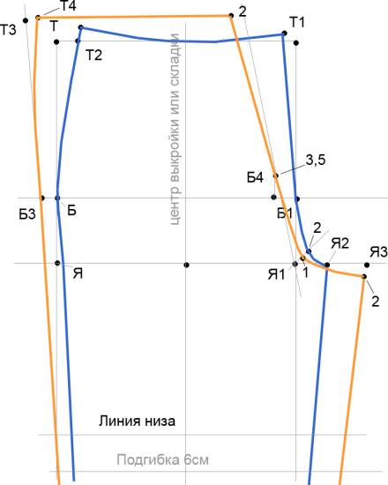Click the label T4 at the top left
point(68,6)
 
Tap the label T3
point(8,30)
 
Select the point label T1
point(297,22)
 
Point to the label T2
point(93,55)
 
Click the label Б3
point(27,214)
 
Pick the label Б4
point(255,177)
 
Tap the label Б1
point(285,213)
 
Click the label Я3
point(378,252)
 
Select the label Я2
point(339,243)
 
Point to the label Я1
point(276,274)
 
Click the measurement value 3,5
point(316,160)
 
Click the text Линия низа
point(137,421)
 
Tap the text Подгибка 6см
point(163,460)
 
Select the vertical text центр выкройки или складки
point(175,129)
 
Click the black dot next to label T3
point(26,20)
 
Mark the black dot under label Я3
point(367,265)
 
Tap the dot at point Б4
point(276,175)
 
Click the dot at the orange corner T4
point(38,18)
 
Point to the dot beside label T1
point(285,34)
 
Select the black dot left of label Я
point(57,263)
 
